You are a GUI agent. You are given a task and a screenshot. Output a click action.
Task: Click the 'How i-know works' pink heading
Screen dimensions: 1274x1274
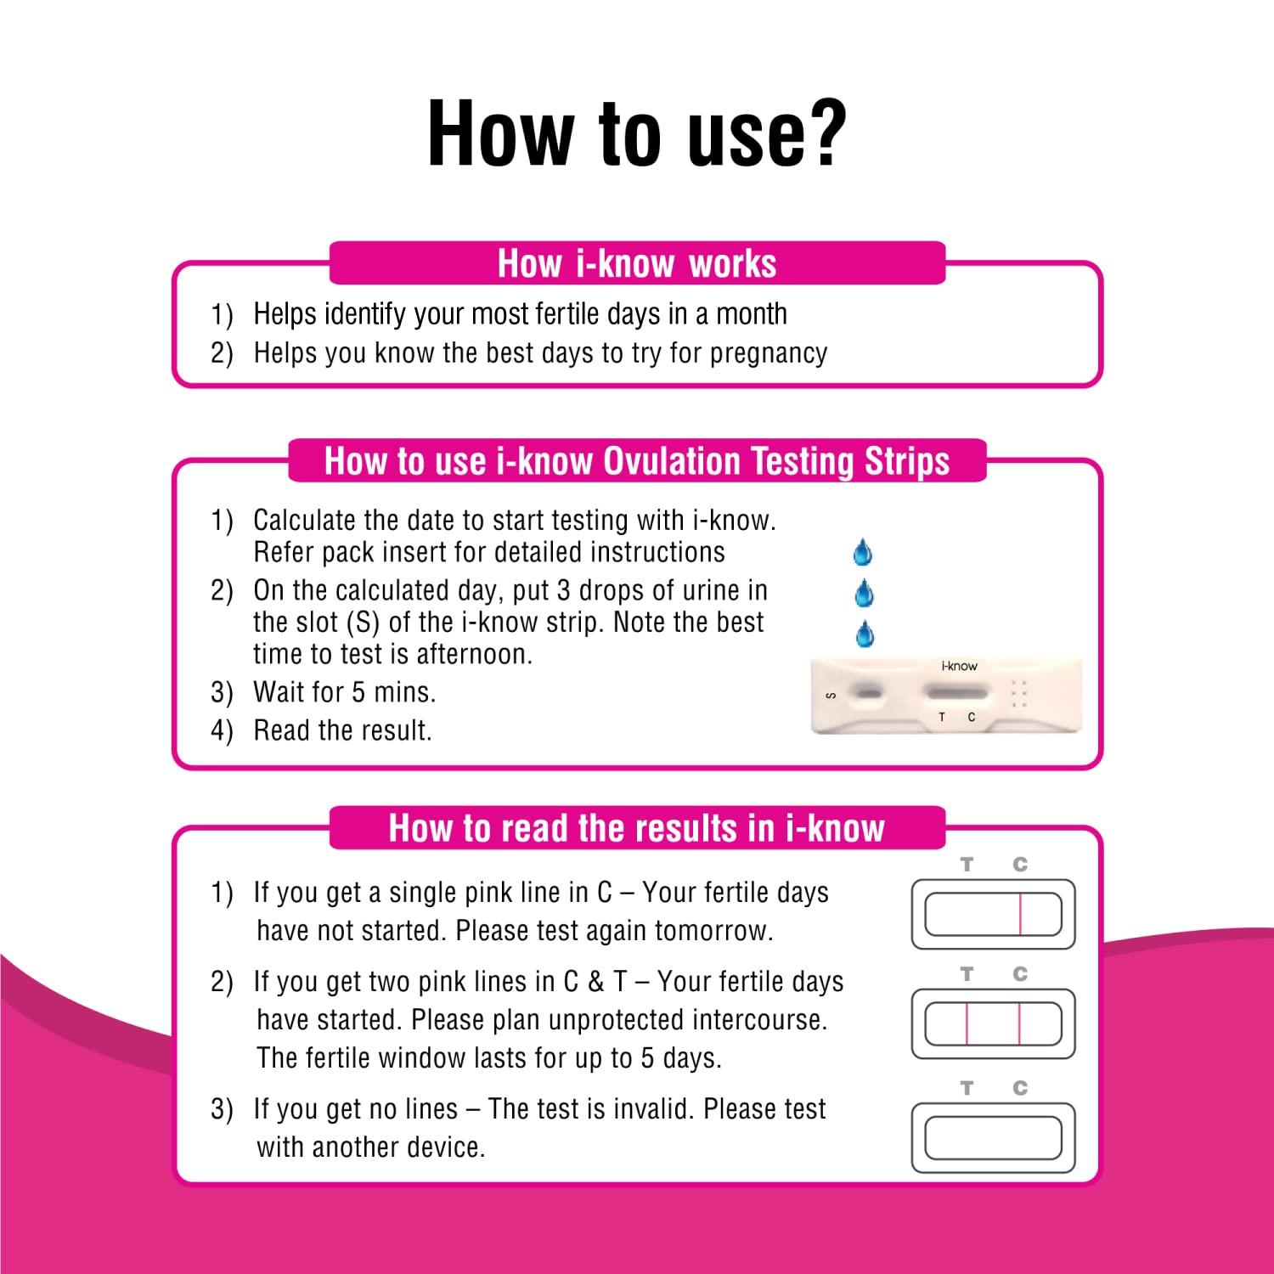click(x=637, y=263)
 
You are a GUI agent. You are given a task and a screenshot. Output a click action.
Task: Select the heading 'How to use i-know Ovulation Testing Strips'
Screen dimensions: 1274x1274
click(x=637, y=461)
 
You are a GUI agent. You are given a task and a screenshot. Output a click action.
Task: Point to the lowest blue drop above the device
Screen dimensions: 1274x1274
click(x=865, y=634)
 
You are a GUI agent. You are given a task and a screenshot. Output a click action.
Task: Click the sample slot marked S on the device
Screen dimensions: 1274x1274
click(x=867, y=694)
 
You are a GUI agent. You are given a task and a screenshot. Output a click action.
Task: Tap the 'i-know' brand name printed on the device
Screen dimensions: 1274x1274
click(x=959, y=666)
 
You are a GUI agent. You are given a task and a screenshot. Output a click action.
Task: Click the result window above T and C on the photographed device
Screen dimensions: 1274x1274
click(x=956, y=694)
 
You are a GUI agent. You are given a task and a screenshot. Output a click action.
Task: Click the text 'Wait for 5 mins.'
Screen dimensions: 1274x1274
click(x=344, y=692)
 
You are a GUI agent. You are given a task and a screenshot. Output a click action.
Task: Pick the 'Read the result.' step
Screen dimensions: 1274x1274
click(x=342, y=730)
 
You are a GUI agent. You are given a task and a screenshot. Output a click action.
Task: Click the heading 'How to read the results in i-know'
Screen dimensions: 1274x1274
click(x=637, y=828)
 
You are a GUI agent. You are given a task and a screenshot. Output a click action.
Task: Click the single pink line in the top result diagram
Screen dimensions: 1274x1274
click(x=1020, y=915)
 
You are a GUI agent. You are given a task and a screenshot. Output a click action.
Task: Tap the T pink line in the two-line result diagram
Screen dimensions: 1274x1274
click(x=967, y=1023)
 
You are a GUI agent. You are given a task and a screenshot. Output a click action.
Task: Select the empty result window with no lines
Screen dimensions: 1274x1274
click(x=993, y=1138)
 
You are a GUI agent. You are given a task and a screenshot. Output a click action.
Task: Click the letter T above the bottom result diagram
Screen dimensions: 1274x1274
click(x=967, y=1088)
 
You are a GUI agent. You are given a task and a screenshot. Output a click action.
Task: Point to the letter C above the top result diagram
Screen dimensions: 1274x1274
click(x=1020, y=865)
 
